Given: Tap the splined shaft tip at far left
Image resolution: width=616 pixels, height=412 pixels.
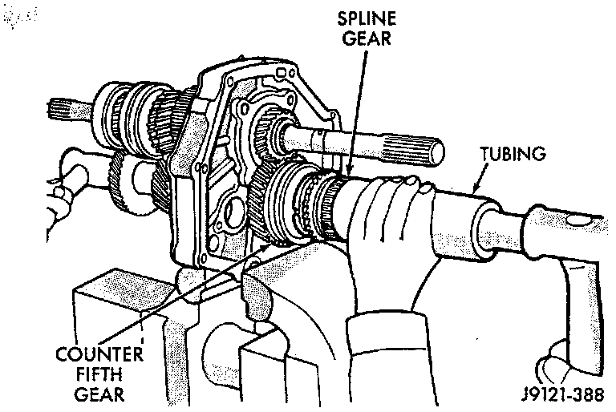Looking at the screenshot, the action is click(x=59, y=104).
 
